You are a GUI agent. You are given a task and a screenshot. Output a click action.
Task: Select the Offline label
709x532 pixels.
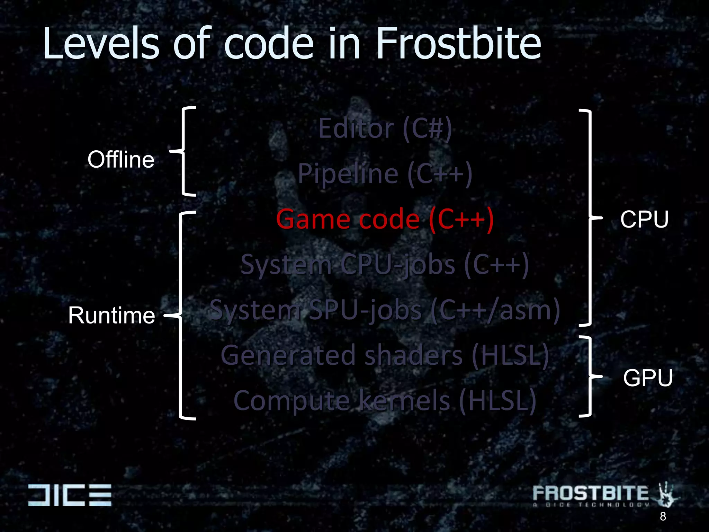[x=121, y=160]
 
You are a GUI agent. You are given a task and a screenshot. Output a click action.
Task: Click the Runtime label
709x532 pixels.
[x=111, y=316]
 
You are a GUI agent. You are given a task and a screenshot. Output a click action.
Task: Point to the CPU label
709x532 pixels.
[x=644, y=220]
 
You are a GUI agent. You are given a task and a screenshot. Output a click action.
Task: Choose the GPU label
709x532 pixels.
[x=648, y=378]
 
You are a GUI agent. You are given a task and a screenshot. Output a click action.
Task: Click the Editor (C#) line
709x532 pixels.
[x=385, y=128]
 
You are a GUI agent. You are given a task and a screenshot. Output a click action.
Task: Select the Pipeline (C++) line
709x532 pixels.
[x=385, y=174]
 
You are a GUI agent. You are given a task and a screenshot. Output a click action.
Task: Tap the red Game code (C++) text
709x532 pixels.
[x=385, y=220]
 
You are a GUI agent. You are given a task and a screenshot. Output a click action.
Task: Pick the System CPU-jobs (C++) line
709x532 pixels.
[x=385, y=265]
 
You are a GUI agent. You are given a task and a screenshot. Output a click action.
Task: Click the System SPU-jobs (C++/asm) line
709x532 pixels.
[x=385, y=310]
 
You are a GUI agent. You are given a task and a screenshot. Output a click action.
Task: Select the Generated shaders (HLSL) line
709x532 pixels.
[x=385, y=355]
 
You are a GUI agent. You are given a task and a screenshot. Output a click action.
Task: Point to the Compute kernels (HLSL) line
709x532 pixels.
[x=385, y=401]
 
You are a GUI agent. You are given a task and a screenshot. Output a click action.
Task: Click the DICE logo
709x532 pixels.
[x=70, y=495]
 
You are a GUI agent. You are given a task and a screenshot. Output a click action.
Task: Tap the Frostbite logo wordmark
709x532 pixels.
[x=590, y=493]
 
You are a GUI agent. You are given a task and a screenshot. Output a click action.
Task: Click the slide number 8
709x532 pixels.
[x=663, y=516]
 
